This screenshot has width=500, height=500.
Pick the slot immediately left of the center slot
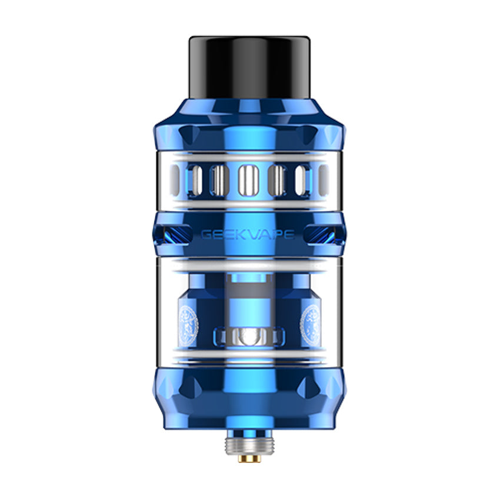click(x=218, y=179)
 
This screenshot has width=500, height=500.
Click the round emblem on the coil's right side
click(x=310, y=318)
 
